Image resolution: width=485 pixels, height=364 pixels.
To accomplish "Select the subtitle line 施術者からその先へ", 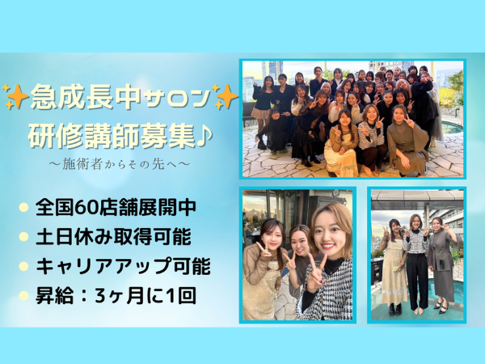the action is [x=118, y=164].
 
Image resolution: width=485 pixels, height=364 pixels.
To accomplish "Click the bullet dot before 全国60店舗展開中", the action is [x=23, y=207].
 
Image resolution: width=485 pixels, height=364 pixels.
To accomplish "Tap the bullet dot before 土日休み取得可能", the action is [x=23, y=237].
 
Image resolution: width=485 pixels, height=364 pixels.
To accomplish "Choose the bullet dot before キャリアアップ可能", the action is [x=23, y=266].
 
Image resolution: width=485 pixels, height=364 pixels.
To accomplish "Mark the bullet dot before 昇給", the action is [x=23, y=295].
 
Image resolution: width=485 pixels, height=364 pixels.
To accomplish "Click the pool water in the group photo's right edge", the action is [x=452, y=129].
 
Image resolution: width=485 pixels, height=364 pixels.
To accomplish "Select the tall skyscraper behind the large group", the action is [x=272, y=70].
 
